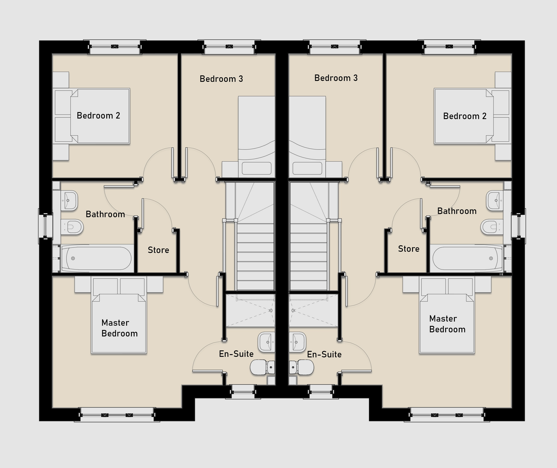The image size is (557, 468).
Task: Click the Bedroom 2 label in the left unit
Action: [98, 116]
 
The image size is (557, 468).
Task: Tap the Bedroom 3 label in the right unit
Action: [336, 78]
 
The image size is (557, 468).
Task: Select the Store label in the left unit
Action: [158, 250]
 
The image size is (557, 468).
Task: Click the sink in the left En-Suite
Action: [266, 342]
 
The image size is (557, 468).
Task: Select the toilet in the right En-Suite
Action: [301, 367]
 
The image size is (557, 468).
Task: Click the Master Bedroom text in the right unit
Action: [447, 324]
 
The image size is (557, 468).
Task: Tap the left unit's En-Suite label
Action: [236, 354]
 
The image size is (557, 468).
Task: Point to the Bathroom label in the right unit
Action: [457, 211]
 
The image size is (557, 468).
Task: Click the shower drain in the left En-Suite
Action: [271, 311]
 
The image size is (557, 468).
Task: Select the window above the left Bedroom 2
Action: [115, 47]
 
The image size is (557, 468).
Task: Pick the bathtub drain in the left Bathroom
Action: [73, 258]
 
